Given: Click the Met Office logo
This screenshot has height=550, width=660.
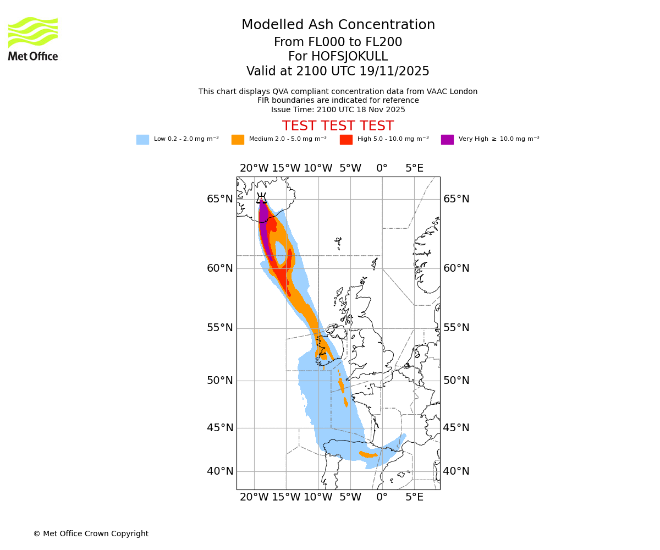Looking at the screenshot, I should (33, 38).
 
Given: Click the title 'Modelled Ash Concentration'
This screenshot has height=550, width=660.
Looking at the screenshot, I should (338, 25).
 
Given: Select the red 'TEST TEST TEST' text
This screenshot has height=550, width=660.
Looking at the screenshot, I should (338, 127).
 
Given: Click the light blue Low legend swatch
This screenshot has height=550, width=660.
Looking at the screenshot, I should (142, 140).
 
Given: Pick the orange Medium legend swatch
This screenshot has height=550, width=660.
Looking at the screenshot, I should (238, 140).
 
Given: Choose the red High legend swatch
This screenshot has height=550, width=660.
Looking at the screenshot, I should (346, 140).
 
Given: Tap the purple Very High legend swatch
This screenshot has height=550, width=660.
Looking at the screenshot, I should (447, 140).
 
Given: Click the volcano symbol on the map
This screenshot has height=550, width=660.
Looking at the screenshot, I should (261, 199).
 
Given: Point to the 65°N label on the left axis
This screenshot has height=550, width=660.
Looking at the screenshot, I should (220, 199).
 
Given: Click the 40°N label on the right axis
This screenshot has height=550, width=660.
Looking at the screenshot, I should (457, 471).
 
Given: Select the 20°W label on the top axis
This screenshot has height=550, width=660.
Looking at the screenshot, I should (254, 168).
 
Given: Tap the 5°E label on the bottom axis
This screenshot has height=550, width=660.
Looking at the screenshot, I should (414, 498).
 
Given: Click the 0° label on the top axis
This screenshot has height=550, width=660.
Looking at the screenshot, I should (382, 168).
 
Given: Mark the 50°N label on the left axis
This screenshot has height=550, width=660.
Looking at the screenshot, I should (220, 381).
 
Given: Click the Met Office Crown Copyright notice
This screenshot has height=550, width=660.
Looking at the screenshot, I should (91, 534).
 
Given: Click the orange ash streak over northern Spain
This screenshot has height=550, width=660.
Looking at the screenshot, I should (369, 455).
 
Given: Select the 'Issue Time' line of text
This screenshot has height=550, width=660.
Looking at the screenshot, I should (338, 110).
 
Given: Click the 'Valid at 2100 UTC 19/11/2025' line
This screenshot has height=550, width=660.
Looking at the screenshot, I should (338, 71).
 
